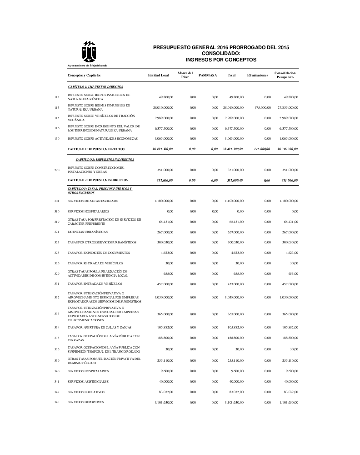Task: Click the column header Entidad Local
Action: pos(159,75)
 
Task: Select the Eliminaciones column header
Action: pos(257,75)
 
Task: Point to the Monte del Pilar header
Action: pos(185,75)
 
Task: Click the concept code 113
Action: pos(57,108)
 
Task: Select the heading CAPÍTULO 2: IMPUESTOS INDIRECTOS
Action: pos(105,160)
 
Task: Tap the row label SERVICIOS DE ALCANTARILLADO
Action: pos(93,201)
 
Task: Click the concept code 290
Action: pos(57,170)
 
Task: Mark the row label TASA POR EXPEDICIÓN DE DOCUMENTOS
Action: pos(99,253)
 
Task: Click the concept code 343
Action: pos(57,402)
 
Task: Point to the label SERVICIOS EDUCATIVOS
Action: pos(86,392)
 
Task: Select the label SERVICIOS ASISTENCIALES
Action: pos(88,381)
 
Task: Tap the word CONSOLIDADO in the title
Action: pos(220,53)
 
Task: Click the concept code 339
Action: pos(57,361)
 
